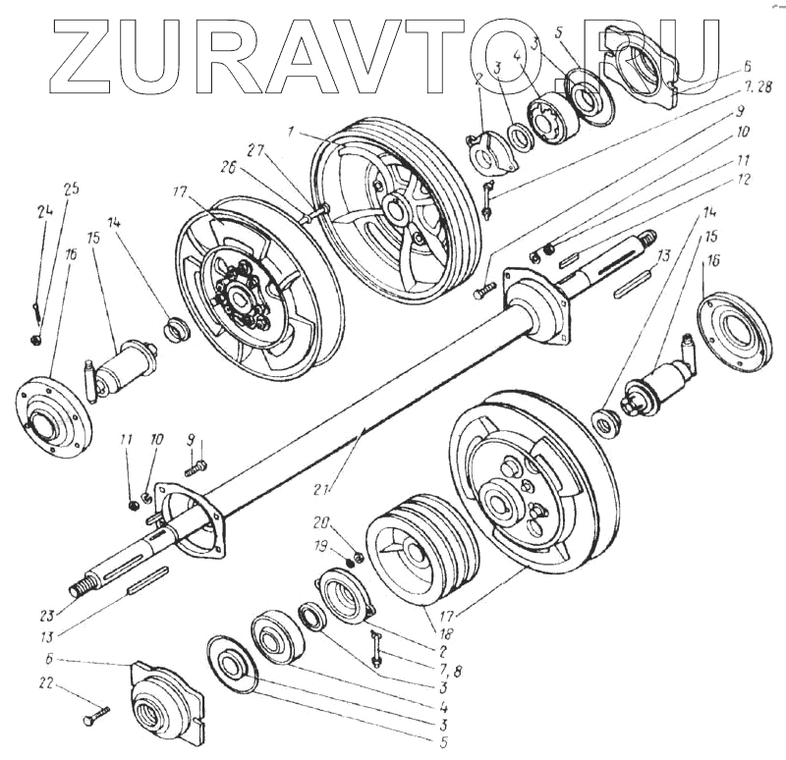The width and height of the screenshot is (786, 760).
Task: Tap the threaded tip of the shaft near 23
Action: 76,591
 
